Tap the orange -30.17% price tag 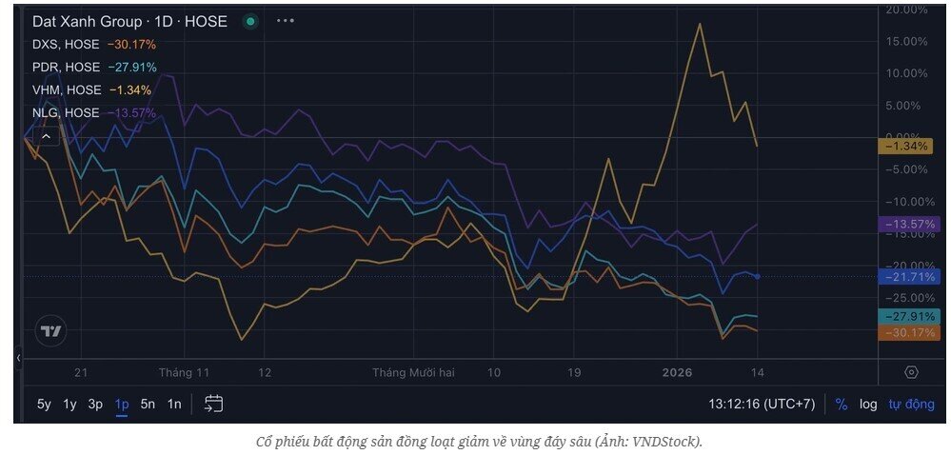(909, 332)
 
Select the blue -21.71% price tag (909, 276)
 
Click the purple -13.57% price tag (909, 224)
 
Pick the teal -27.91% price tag (909, 316)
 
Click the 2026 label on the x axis (677, 372)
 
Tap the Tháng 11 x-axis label (184, 372)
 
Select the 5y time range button (44, 404)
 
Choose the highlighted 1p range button (122, 404)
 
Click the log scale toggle (868, 404)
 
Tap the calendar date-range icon (214, 404)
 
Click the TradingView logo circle (50, 331)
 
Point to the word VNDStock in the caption (664, 442)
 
